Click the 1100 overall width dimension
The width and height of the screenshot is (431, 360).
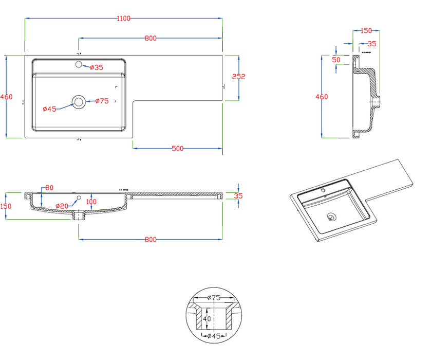tap(123, 19)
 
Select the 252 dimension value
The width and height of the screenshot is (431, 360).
tap(239, 77)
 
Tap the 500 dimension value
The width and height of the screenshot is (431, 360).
tap(177, 149)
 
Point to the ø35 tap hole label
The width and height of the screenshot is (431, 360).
tap(96, 67)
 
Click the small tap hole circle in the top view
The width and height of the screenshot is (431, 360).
tap(80, 65)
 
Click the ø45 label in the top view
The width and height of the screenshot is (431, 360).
tap(49, 109)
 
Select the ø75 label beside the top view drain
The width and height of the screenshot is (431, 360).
tap(102, 101)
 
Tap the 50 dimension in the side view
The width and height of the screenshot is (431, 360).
tap(336, 60)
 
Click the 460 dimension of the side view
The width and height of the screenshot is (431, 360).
tap(322, 97)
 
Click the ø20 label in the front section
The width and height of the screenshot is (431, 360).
tap(62, 206)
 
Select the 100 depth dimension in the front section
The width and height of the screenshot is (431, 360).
tap(91, 201)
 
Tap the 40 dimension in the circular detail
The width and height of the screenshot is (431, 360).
tap(207, 319)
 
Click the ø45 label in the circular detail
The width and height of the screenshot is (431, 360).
tap(215, 336)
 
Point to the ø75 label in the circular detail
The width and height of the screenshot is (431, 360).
tap(215, 297)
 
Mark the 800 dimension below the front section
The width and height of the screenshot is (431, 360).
tap(150, 240)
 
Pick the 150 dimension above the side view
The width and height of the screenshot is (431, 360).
tap(366, 30)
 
